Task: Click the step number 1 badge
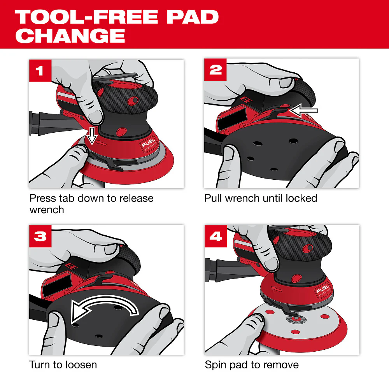[x=40, y=70]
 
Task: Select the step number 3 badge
[x=40, y=236]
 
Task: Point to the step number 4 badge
[x=216, y=236]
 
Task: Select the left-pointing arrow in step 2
[x=304, y=110]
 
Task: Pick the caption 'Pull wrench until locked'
[x=261, y=198]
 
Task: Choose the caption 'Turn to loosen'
[x=63, y=365]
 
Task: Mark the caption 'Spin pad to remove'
[x=252, y=365]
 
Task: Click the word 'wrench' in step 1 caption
[x=47, y=210]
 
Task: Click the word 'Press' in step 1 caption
[x=41, y=198]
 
